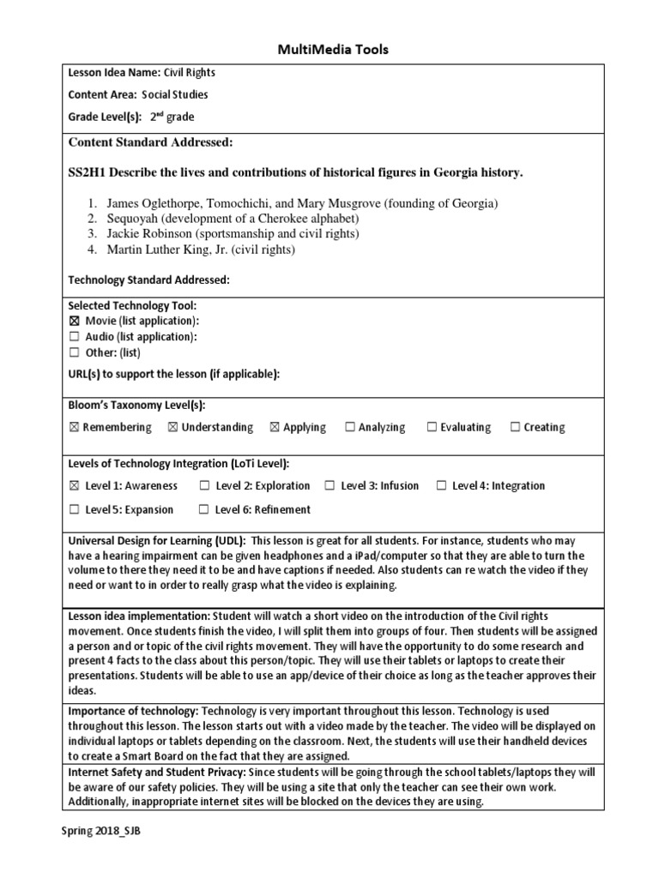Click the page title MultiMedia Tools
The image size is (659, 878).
click(333, 50)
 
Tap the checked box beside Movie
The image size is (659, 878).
click(74, 321)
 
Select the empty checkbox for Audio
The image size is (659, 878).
click(74, 337)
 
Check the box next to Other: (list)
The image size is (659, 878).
click(74, 352)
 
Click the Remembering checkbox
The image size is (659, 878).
click(74, 427)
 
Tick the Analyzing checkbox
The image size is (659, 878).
click(349, 427)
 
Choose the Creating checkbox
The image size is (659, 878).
click(515, 427)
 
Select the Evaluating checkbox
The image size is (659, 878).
click(432, 427)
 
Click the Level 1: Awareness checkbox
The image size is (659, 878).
click(74, 485)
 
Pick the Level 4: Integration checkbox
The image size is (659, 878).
click(441, 485)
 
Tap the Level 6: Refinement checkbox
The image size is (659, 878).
click(204, 509)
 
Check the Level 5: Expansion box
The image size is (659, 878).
click(74, 509)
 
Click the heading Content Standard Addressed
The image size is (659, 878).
click(150, 142)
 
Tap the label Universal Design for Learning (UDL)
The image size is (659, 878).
click(157, 541)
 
